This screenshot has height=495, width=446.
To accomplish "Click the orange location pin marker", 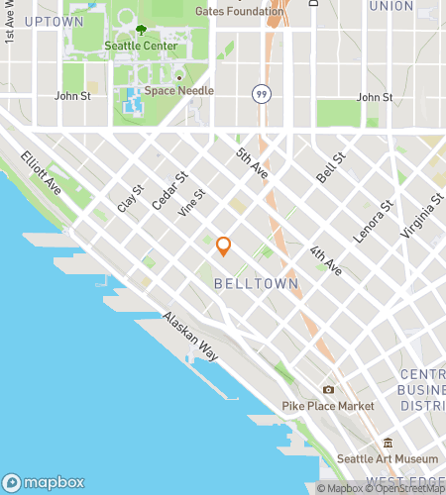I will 224,247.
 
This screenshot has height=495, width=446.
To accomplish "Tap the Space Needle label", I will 179,90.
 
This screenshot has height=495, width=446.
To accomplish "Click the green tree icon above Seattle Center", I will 141,31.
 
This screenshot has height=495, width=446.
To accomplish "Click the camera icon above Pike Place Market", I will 328,390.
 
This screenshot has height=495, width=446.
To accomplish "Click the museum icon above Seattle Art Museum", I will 389,443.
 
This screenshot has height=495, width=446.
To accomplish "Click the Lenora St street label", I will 379,220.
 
